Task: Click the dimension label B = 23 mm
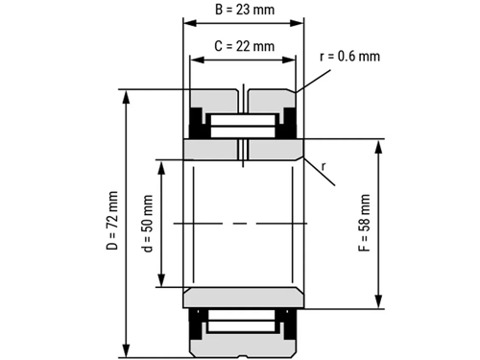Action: (245, 10)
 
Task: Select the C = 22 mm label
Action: (245, 46)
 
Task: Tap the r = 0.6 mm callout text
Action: (349, 57)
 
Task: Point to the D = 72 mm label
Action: (112, 221)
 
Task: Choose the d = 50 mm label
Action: (148, 223)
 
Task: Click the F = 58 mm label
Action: (364, 223)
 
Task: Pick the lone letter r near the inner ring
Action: (324, 167)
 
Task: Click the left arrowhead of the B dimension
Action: (190, 23)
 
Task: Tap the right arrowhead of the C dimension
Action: (289, 60)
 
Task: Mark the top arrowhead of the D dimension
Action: (127, 97)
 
